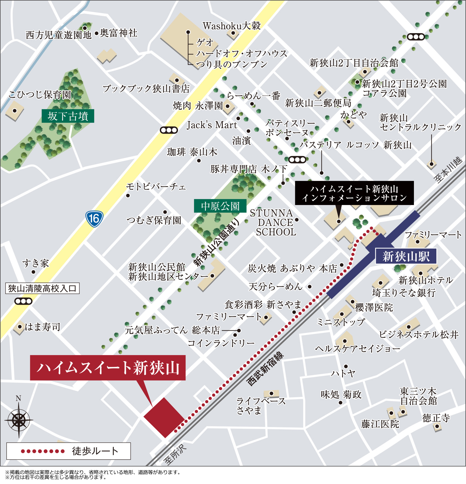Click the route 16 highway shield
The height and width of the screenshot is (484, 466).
pyautogui.click(x=94, y=218)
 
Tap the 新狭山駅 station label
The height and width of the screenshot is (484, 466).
pyautogui.click(x=406, y=257)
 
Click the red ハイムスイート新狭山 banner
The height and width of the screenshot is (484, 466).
pyautogui.click(x=108, y=367)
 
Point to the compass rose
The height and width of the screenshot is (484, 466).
pyautogui.click(x=19, y=419)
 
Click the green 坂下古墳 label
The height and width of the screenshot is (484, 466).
pyautogui.click(x=68, y=116)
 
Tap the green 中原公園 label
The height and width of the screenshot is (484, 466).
pyautogui.click(x=220, y=206)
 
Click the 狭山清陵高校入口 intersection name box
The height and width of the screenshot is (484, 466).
pyautogui.click(x=42, y=288)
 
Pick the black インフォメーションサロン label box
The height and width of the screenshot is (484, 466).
pyautogui.click(x=354, y=193)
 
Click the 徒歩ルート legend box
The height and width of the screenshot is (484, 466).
pyautogui.click(x=69, y=451)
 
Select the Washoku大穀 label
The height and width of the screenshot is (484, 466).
pyautogui.click(x=231, y=26)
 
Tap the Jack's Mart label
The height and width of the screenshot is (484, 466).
pyautogui.click(x=212, y=125)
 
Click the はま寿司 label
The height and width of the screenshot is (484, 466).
pyautogui.click(x=42, y=327)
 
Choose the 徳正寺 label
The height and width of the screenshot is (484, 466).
pyautogui.click(x=436, y=418)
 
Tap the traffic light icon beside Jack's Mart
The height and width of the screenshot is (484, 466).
pyautogui.click(x=169, y=130)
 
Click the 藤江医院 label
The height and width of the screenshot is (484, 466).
pyautogui.click(x=380, y=424)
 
